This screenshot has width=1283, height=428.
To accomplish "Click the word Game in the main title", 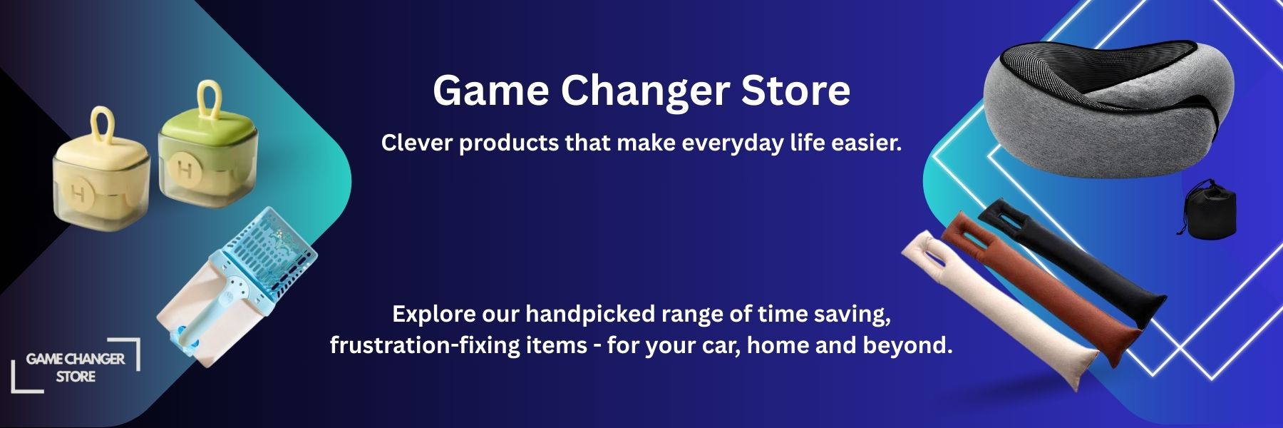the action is (x=490, y=91).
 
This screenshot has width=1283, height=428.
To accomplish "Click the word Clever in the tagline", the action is (x=416, y=143).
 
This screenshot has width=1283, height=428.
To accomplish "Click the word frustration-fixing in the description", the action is (x=425, y=346).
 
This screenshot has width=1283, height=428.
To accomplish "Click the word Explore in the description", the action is (x=434, y=315).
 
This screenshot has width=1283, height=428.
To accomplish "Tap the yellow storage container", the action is (x=100, y=175).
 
